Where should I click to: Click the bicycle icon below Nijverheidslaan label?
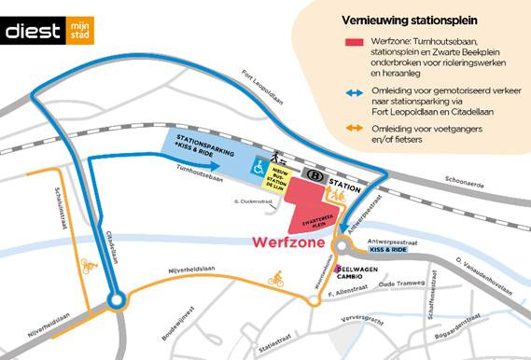[275, 278]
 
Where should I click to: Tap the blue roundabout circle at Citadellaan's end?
[116, 301]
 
